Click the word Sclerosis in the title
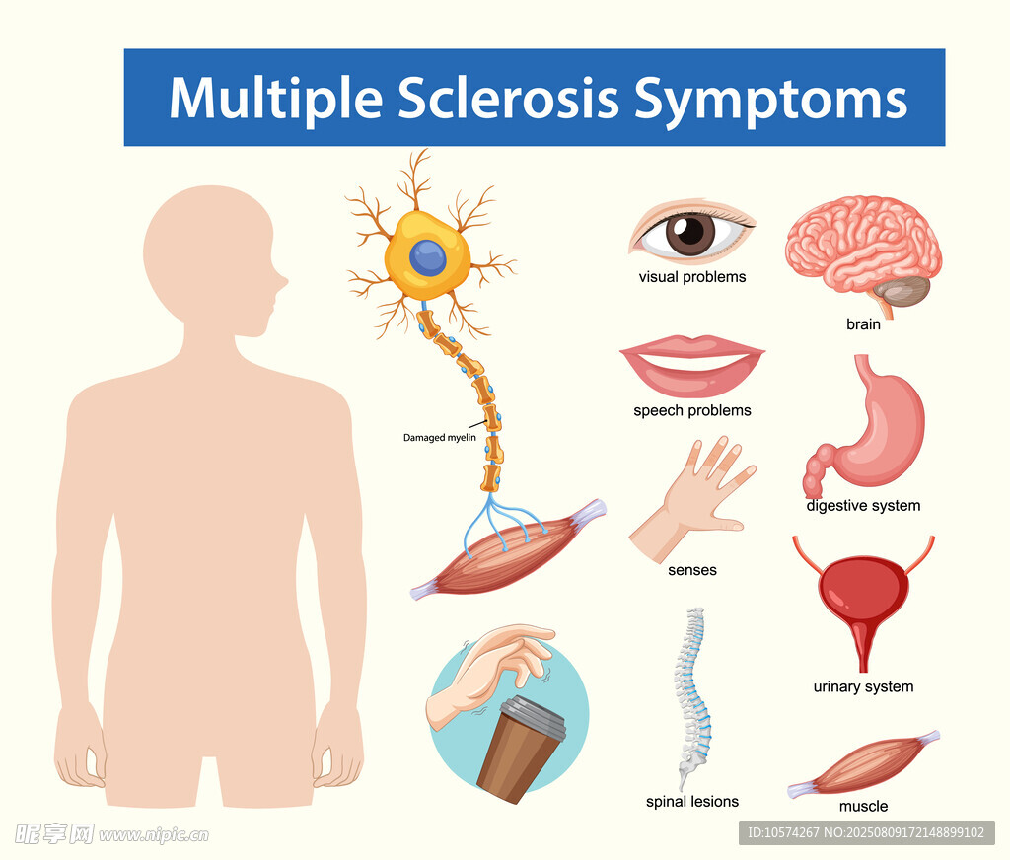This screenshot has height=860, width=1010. coord(508,98)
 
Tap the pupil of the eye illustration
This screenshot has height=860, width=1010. coord(690,230)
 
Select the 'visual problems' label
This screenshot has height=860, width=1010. coord(692,277)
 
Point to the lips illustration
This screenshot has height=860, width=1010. coord(692,365)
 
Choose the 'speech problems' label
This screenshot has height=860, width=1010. coord(692,410)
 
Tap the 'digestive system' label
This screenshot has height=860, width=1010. coord(863,506)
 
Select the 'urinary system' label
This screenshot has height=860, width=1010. coord(863,686)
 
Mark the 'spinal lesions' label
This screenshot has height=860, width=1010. coord(692,802)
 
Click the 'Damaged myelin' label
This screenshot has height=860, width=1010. coord(439,438)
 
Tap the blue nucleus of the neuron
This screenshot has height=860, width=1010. coord(428,257)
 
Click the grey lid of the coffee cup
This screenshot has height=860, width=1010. coord(534,716)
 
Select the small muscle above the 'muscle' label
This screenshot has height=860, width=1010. coord(863,764)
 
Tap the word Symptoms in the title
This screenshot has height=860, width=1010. coord(771,100)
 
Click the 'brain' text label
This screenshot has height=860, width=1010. coord(863,324)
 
